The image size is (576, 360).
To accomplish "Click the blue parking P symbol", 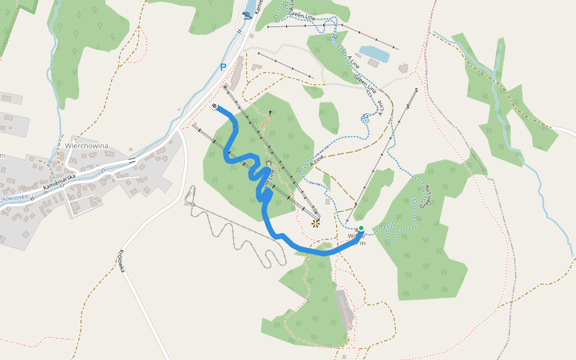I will click(x=223, y=67).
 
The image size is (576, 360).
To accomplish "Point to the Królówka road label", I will click(x=122, y=261).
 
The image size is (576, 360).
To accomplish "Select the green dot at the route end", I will click(x=361, y=228).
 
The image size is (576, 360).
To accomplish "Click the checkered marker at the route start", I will click(x=215, y=106).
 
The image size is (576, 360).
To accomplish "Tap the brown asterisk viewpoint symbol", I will click(x=316, y=223).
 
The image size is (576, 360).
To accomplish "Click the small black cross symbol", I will click(x=270, y=112).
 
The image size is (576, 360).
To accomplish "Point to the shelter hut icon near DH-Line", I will click(x=268, y=162).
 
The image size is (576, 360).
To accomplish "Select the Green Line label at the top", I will click(x=302, y=16).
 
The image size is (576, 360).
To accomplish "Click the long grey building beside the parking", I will click(x=236, y=73).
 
